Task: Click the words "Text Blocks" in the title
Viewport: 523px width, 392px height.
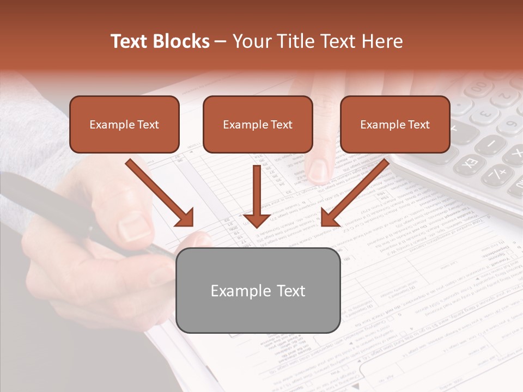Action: pos(160,41)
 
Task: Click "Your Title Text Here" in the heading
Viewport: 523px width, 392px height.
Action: pos(318,41)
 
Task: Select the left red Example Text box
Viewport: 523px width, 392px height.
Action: pos(124,124)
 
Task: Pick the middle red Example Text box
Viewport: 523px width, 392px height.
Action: pos(258,124)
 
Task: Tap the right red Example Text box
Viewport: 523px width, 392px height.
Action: pos(395,124)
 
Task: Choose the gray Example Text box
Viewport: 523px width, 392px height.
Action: pos(258,290)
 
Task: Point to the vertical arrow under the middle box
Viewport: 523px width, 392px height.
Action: pos(257,196)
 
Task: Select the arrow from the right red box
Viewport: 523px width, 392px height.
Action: pos(355,193)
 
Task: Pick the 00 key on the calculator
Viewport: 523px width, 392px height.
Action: pos(479,87)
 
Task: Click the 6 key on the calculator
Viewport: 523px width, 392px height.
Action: pos(510,128)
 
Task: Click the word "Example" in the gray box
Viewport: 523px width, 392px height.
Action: pos(235,291)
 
